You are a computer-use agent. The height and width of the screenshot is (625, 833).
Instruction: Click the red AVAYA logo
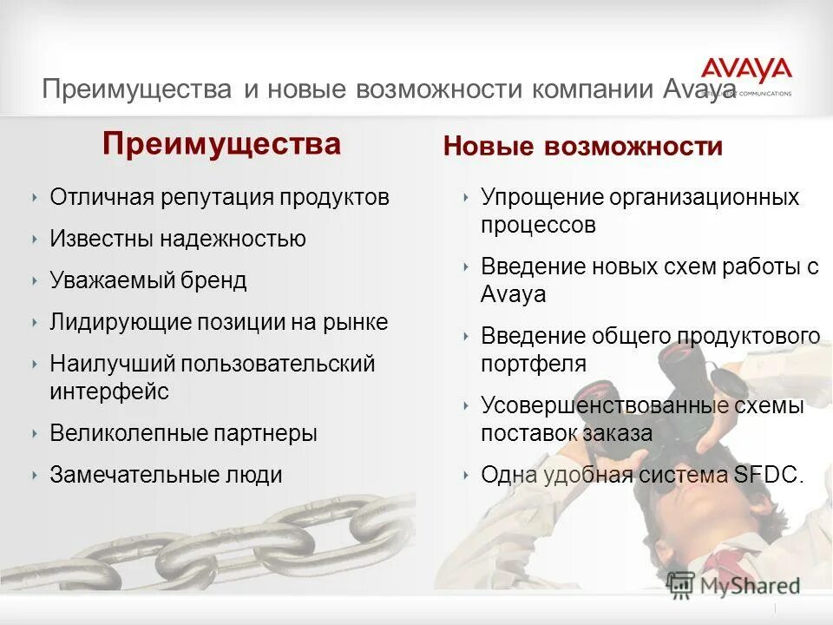[x=746, y=70]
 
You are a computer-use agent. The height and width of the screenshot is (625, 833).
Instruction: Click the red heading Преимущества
[x=221, y=143]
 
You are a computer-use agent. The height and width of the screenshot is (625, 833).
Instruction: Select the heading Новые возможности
[x=582, y=146]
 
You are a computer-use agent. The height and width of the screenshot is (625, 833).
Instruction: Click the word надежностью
[x=233, y=239]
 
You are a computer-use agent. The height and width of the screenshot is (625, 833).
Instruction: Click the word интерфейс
[x=109, y=391]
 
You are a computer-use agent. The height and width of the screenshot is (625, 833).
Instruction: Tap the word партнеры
[x=266, y=432]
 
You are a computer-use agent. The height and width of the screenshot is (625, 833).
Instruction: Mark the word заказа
[x=618, y=432]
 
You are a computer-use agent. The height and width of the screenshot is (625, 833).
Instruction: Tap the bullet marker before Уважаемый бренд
[x=34, y=280]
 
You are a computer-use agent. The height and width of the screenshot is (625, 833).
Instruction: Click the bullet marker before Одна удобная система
[x=466, y=475]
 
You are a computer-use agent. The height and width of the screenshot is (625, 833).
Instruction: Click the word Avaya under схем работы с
[x=513, y=294]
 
